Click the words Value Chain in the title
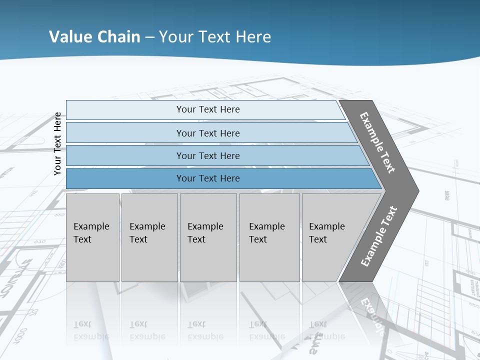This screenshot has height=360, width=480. [94, 37]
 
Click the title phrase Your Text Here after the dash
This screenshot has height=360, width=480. [215, 37]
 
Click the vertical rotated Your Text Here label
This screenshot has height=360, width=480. [58, 143]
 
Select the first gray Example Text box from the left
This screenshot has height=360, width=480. [92, 237]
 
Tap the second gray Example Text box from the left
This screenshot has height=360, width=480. [149, 237]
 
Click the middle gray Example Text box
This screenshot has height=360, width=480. [208, 237]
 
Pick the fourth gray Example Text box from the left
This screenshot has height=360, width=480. [269, 237]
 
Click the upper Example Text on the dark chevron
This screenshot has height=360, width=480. [377, 142]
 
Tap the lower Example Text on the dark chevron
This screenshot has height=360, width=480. [379, 236]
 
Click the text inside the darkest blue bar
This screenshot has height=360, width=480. [208, 178]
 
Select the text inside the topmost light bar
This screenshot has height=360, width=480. [208, 109]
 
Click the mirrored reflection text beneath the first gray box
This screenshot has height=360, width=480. [91, 330]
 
